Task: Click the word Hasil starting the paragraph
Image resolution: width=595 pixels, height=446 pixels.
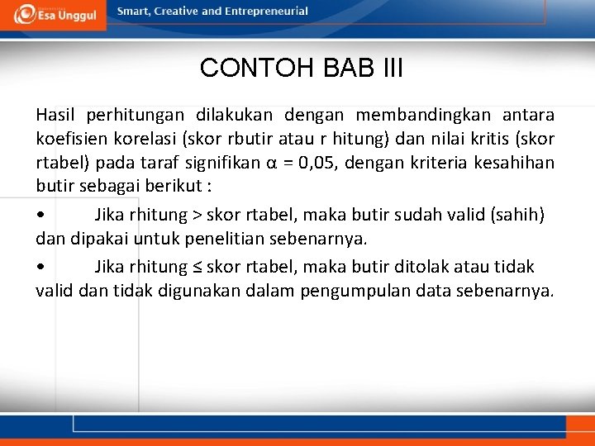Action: point(54,114)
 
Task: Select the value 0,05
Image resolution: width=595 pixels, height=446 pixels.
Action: point(316,162)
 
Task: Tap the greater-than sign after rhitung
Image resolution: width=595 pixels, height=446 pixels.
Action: point(197,216)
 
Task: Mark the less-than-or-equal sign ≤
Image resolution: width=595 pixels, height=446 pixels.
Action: point(197,267)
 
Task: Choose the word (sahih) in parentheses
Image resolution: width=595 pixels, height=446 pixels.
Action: point(518,216)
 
